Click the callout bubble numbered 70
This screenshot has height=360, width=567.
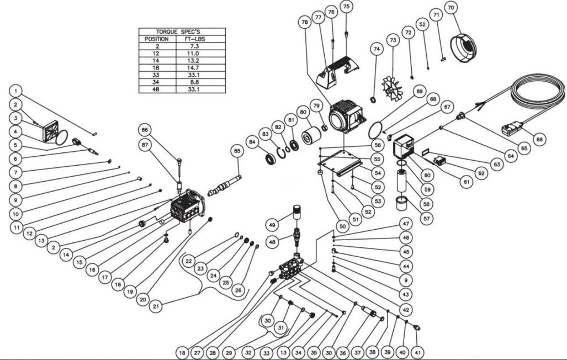click(x=451, y=8)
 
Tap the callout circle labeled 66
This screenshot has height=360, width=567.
click(x=539, y=140)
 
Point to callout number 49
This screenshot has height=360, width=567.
click(x=271, y=225)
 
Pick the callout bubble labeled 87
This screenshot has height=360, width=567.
click(x=145, y=145)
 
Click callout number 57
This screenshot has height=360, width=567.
click(x=424, y=218)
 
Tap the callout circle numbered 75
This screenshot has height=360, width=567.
click(x=346, y=7)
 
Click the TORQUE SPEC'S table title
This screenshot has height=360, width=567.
click(x=182, y=32)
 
